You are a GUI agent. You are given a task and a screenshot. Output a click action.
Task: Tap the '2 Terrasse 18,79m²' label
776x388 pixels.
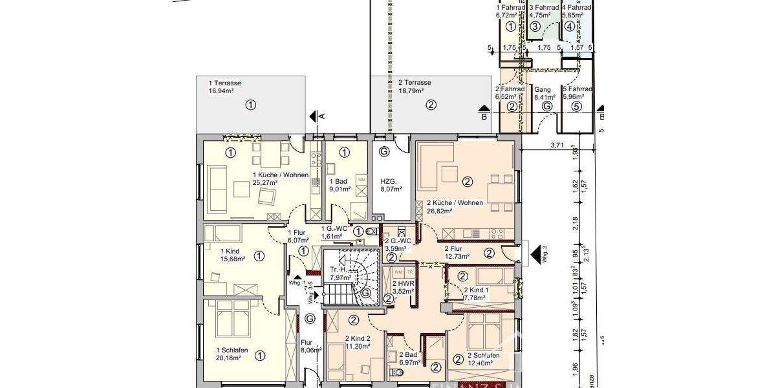click(415, 87)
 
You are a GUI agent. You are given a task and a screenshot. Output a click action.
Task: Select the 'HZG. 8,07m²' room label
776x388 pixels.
click(391, 186)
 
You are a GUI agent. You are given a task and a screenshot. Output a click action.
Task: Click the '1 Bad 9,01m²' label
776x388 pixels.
click(339, 186)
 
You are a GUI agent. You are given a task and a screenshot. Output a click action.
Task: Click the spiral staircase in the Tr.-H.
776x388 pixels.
click(357, 274)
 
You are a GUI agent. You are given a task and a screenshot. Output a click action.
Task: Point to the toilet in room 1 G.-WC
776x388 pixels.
click(371, 232)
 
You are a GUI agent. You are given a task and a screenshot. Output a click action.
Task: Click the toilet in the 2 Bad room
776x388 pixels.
click(395, 372)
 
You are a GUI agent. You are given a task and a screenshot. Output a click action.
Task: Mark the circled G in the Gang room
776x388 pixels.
click(547, 107)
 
